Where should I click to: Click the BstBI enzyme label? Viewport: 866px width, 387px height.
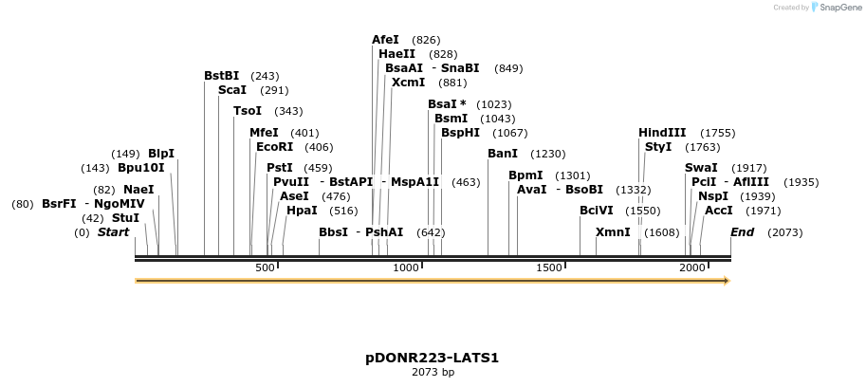coord(222,75)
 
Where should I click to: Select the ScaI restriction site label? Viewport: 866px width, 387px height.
coord(232,90)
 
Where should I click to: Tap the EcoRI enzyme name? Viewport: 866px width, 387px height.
coord(275,147)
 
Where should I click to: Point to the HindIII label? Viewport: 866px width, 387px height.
coord(662,133)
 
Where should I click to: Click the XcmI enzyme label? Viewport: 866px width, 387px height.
coord(409,83)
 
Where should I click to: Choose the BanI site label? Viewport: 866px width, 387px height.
coord(503,154)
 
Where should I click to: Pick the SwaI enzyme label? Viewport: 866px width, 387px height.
coord(701,168)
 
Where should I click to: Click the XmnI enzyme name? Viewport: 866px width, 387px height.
coord(613,232)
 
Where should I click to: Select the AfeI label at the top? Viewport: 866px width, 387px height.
coord(386,40)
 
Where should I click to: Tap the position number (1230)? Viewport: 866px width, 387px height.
coord(547,154)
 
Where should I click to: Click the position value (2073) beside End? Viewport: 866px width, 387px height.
coord(784,232)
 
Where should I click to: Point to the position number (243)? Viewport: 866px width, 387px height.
coord(265,76)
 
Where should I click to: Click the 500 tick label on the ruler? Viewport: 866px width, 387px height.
coord(266,268)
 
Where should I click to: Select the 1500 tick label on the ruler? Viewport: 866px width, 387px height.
coord(549,268)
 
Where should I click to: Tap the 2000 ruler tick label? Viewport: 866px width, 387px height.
coord(692,268)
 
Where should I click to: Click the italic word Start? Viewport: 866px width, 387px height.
coord(113,232)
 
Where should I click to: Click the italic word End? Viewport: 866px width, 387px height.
coord(742,232)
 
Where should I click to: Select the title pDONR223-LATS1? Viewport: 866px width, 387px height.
coord(433,358)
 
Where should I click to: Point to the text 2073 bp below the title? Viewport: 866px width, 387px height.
coord(433,373)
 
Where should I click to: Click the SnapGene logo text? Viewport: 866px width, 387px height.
coord(838,8)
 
